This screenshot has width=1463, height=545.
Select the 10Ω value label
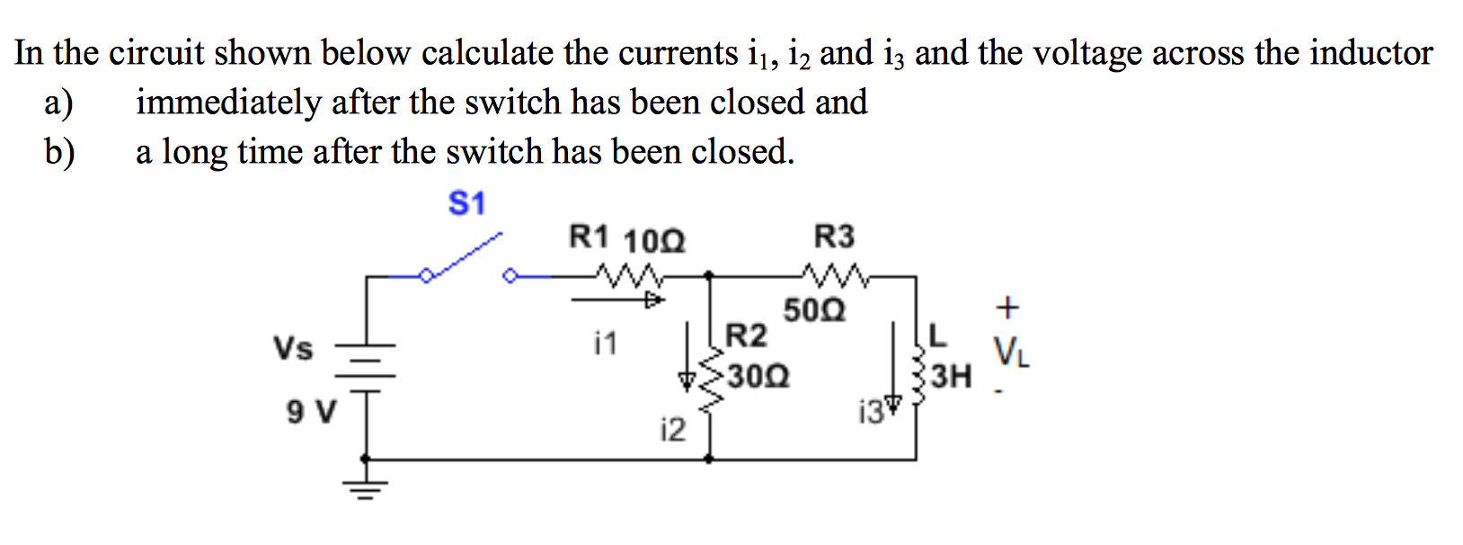pos(653,242)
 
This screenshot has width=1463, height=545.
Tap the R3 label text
pos(833,237)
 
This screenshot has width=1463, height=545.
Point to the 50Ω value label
pos(814,311)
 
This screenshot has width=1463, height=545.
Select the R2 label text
pos(746,336)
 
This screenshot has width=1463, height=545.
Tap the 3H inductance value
pos(951,376)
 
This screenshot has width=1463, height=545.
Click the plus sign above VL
pos(1008,308)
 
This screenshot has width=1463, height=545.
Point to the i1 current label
pos(606,343)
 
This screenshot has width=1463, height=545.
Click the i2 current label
pos(672,431)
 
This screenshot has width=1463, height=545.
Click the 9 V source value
pos(311,413)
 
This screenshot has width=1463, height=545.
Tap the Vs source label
pos(293,348)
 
